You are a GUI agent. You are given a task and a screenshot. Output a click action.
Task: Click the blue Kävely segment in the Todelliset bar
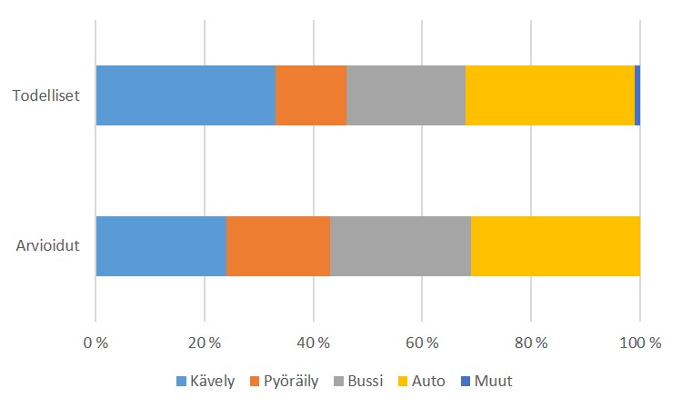[x=186, y=95]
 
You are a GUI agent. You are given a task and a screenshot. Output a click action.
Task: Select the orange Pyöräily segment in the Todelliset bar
[x=311, y=95]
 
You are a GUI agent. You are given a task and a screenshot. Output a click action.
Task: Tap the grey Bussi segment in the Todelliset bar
[x=406, y=95]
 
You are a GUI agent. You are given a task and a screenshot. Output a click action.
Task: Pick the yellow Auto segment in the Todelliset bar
[x=550, y=95]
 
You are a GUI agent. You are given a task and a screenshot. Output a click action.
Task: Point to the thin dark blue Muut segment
[x=637, y=95]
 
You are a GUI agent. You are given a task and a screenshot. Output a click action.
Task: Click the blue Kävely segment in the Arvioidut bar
[x=161, y=245]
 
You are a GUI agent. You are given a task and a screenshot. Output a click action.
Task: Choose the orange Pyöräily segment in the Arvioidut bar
[x=278, y=245]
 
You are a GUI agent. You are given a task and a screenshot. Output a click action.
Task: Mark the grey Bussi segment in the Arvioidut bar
[x=400, y=245]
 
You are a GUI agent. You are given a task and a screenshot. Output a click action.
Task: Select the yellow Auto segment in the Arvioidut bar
[x=556, y=245]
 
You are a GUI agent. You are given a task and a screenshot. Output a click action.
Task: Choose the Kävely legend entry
[x=206, y=382]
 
